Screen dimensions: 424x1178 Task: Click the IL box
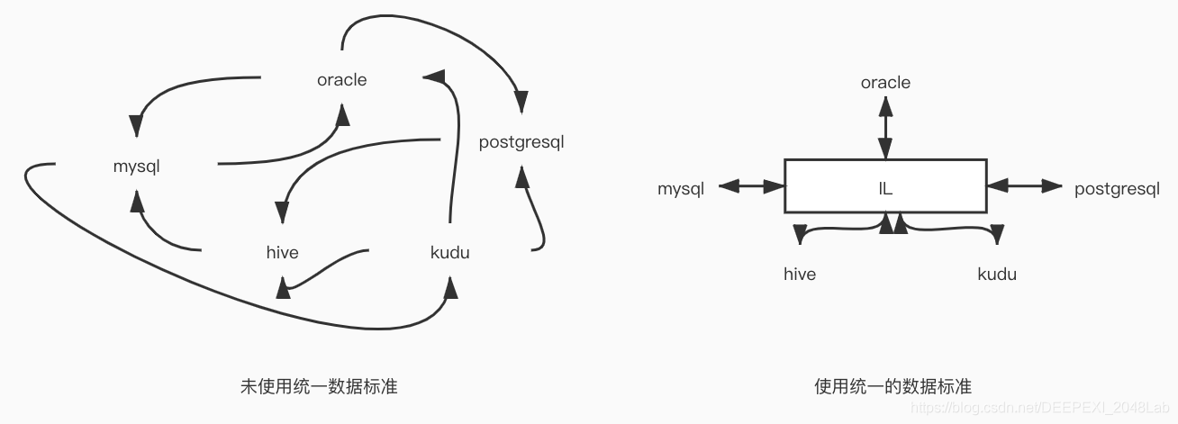click(x=885, y=185)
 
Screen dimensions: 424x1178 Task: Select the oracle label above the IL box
click(x=885, y=83)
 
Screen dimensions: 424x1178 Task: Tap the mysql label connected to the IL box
click(x=681, y=189)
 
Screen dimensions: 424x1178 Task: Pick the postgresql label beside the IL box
click(x=1117, y=189)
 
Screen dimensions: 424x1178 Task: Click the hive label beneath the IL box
click(x=800, y=274)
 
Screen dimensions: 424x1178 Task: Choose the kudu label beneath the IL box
click(x=997, y=274)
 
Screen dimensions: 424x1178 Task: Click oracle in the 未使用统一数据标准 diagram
click(x=342, y=80)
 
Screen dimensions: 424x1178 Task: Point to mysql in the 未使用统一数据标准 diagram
click(x=137, y=167)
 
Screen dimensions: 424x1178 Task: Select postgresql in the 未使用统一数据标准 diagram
click(x=521, y=142)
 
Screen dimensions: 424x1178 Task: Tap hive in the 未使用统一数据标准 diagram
click(x=283, y=252)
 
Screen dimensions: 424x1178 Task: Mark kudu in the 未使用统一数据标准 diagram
click(x=449, y=252)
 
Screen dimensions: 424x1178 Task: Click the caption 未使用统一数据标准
click(x=319, y=387)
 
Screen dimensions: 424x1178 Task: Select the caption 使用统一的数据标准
click(x=893, y=387)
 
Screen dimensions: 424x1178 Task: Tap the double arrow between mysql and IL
click(x=752, y=186)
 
